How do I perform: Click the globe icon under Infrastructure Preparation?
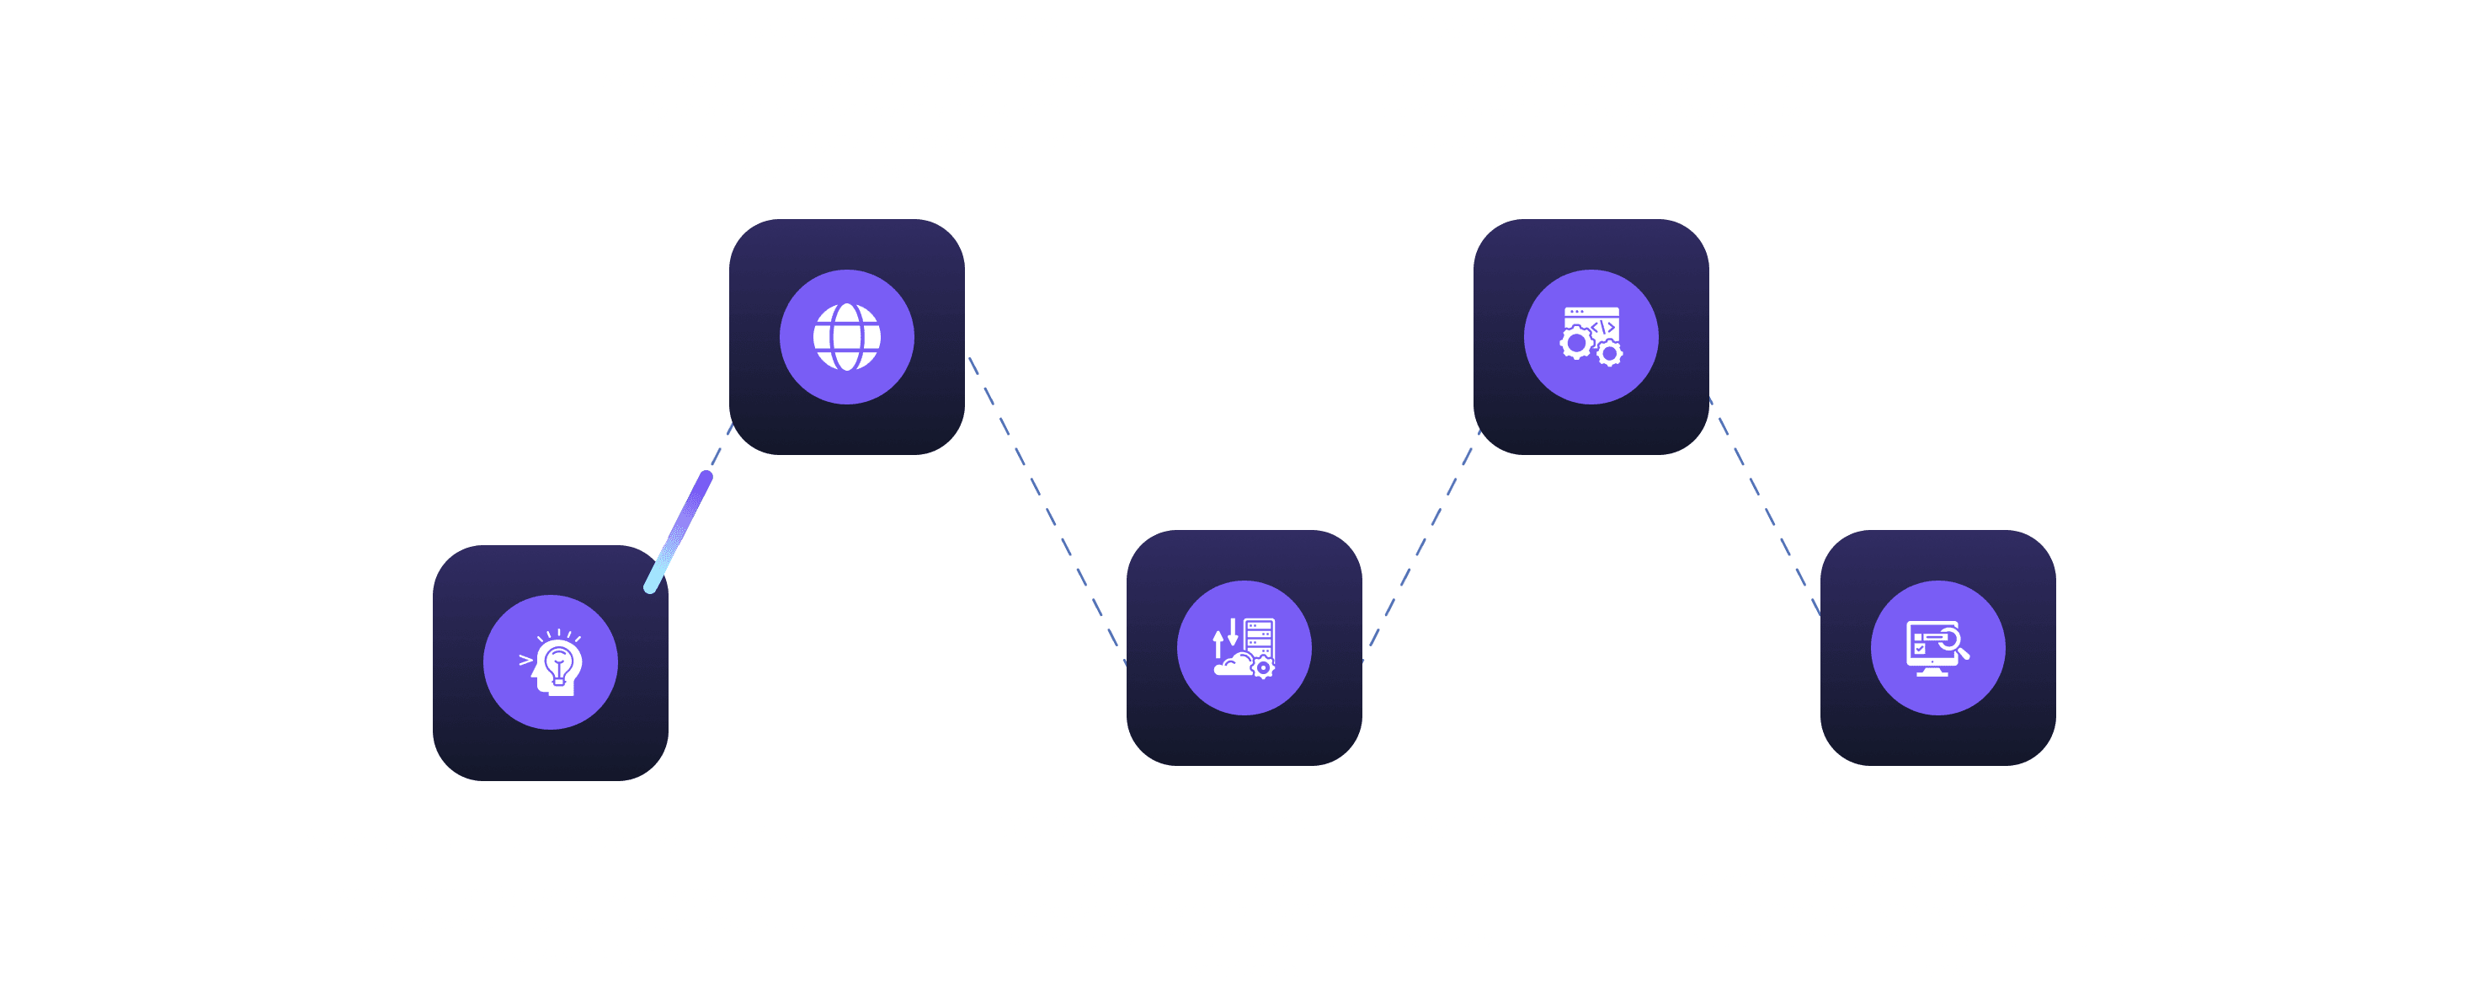coord(846,336)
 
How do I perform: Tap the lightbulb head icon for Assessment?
coord(551,662)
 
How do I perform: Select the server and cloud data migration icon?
coord(1244,648)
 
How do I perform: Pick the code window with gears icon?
coord(1591,336)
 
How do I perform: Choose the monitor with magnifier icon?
coord(1937,648)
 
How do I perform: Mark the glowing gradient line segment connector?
coord(679,532)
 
